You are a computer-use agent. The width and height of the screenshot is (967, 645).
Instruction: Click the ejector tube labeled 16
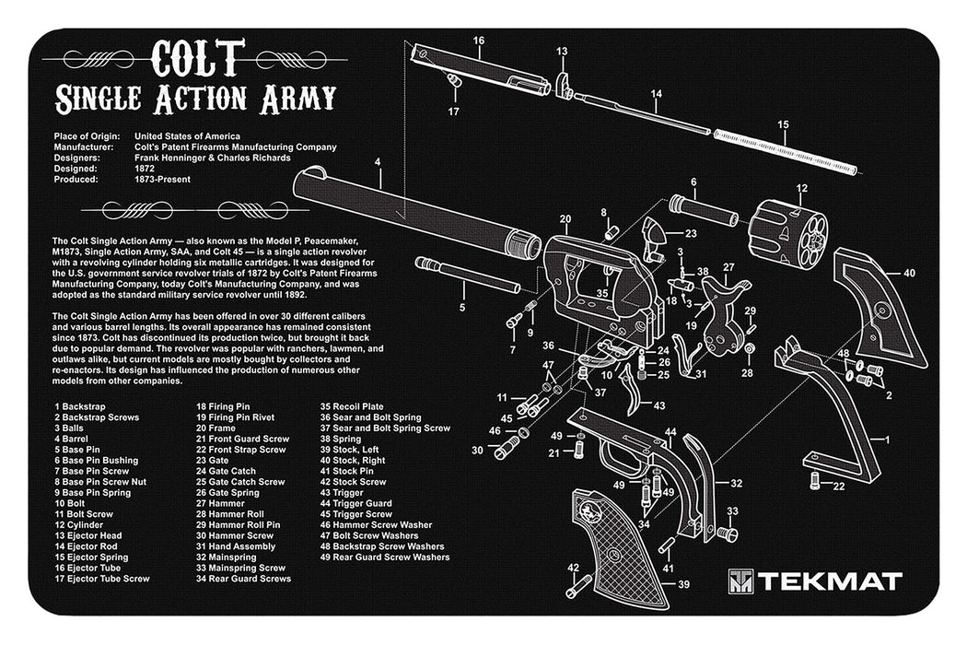478,69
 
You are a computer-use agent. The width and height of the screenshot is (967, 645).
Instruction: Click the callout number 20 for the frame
565,219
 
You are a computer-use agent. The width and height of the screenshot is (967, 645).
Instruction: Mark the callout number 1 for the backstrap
887,440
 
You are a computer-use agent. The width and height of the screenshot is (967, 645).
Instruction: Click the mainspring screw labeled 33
726,534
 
